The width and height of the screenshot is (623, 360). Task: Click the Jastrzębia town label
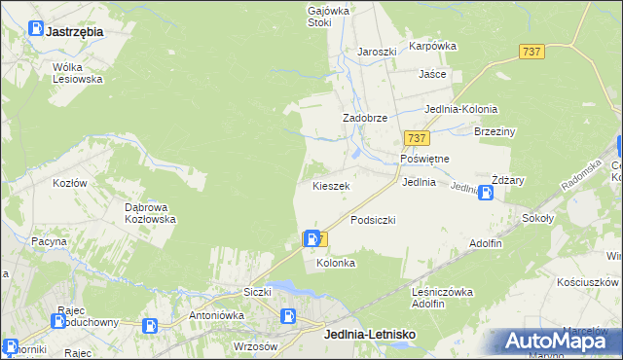[74, 31]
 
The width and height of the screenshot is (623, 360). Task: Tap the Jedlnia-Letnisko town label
[369, 335]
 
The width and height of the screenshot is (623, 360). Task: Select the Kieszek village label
[331, 185]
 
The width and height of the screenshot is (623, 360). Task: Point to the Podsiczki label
[373, 220]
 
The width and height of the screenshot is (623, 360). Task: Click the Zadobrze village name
[365, 118]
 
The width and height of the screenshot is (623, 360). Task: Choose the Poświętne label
[424, 159]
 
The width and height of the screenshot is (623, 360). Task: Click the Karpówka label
[433, 46]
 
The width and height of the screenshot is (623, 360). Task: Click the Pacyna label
[49, 240]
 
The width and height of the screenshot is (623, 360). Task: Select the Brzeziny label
[495, 131]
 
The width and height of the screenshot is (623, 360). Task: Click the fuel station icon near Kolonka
[311, 237]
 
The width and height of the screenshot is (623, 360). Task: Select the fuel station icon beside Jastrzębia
[35, 31]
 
